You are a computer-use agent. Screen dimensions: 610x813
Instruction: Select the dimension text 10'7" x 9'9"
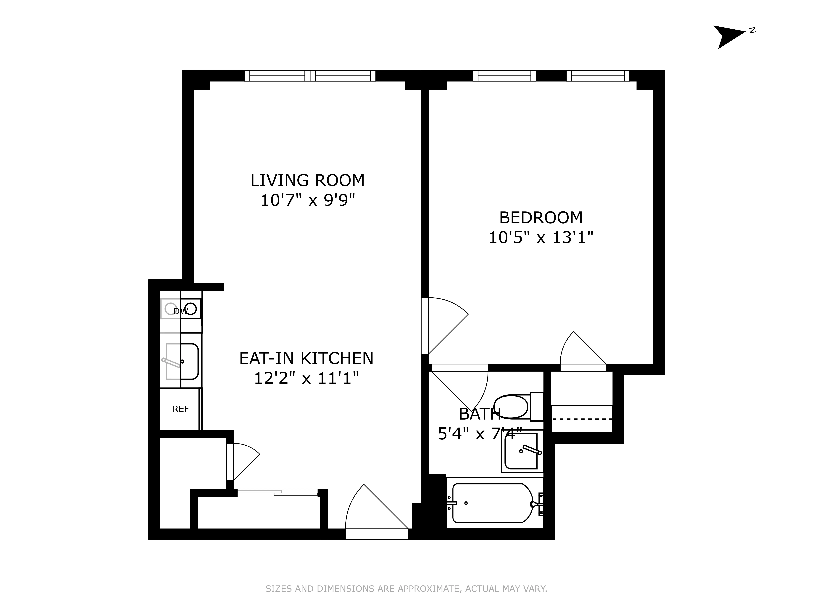308,200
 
